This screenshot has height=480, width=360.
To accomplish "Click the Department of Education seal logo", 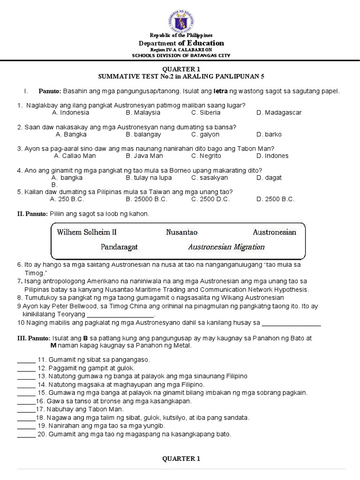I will (x=180, y=21).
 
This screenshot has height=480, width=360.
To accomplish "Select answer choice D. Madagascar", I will (x=279, y=112).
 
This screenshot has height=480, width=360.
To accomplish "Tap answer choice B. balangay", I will (x=143, y=134).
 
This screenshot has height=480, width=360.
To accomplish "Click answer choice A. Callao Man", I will (x=75, y=156).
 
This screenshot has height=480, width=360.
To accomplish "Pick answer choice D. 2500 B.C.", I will (x=276, y=199).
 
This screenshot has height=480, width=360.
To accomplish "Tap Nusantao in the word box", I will (x=182, y=232).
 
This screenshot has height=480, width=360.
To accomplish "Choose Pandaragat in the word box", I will (x=119, y=247).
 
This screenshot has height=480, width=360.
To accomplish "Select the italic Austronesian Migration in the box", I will (x=226, y=247).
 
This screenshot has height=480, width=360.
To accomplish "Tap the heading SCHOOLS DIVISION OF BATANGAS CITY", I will (x=181, y=55).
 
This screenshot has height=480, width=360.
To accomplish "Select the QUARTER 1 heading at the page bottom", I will (x=181, y=458).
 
